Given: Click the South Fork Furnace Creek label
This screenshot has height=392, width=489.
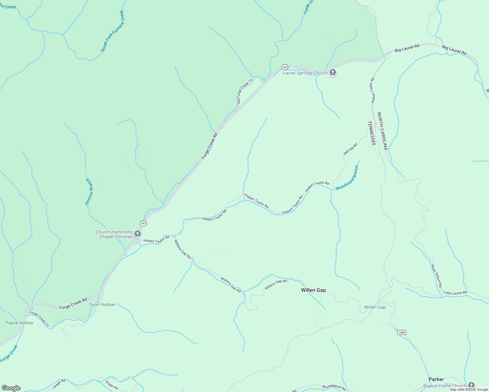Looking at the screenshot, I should (113, 31).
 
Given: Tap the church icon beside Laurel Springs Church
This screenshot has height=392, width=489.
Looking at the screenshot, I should (333, 73).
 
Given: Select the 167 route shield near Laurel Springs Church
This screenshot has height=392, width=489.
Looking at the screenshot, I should (285, 67).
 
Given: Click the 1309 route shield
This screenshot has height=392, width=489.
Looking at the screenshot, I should (402, 332).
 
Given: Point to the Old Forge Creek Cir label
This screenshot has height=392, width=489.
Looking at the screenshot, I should (245, 91).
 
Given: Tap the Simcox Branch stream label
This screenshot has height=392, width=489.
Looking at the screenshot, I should (89, 192).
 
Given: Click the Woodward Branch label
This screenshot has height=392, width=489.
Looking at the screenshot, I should (347, 178).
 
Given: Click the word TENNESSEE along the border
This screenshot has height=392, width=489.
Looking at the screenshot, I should (371, 133).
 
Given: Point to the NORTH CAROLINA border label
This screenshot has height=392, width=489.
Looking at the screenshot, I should (382, 131).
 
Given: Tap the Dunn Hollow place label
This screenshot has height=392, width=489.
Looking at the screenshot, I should (102, 304).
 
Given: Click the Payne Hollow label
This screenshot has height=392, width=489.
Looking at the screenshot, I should (19, 323).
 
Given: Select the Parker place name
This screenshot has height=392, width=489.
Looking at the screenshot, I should (436, 379).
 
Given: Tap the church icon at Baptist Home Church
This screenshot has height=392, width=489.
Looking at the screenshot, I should (471, 385).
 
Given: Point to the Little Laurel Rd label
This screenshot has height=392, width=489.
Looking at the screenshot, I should (455, 293).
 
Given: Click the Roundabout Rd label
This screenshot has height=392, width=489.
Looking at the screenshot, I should (334, 387).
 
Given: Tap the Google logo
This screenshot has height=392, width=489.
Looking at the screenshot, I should (11, 388).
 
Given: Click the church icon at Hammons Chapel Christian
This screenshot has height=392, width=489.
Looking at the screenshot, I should (138, 234).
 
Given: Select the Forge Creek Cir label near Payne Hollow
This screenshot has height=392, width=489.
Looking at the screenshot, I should (39, 319).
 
